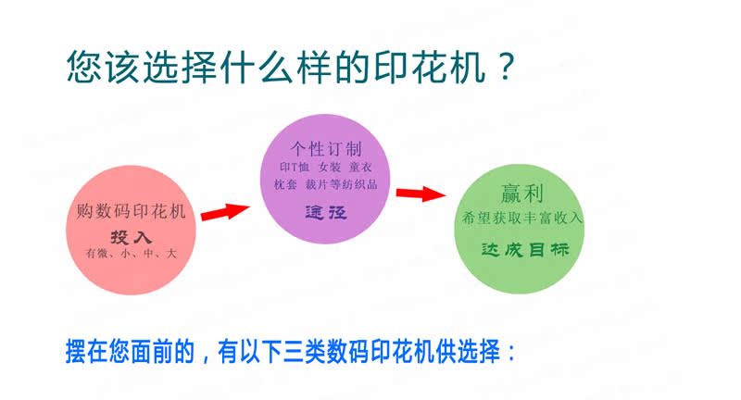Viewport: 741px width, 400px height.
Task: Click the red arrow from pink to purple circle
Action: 225,212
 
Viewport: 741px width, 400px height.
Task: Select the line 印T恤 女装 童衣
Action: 325,168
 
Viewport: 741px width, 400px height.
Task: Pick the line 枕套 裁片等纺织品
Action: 325,185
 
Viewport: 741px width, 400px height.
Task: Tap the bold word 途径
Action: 325,212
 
